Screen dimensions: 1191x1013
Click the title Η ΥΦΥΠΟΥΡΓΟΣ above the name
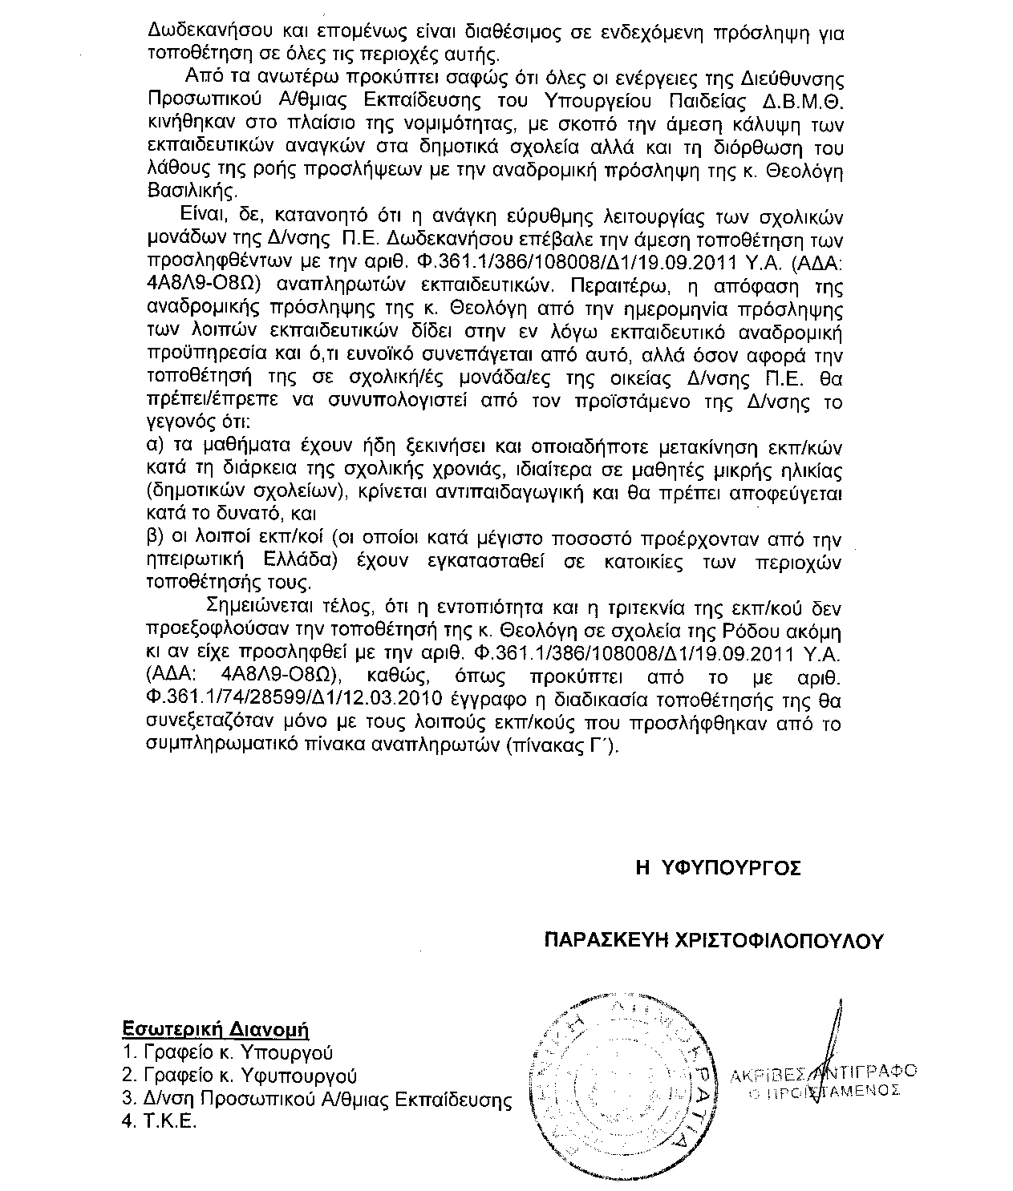(x=717, y=869)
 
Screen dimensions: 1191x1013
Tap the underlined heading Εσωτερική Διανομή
(x=215, y=1029)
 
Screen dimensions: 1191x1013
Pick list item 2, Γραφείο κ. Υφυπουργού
(x=239, y=1076)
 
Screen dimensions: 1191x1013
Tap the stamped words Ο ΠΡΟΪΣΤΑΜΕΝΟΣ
(x=824, y=1091)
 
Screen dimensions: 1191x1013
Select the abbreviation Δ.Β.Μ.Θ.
(x=801, y=102)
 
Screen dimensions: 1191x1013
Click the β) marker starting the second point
(x=156, y=537)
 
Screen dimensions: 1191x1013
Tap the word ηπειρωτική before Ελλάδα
(x=191, y=559)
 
